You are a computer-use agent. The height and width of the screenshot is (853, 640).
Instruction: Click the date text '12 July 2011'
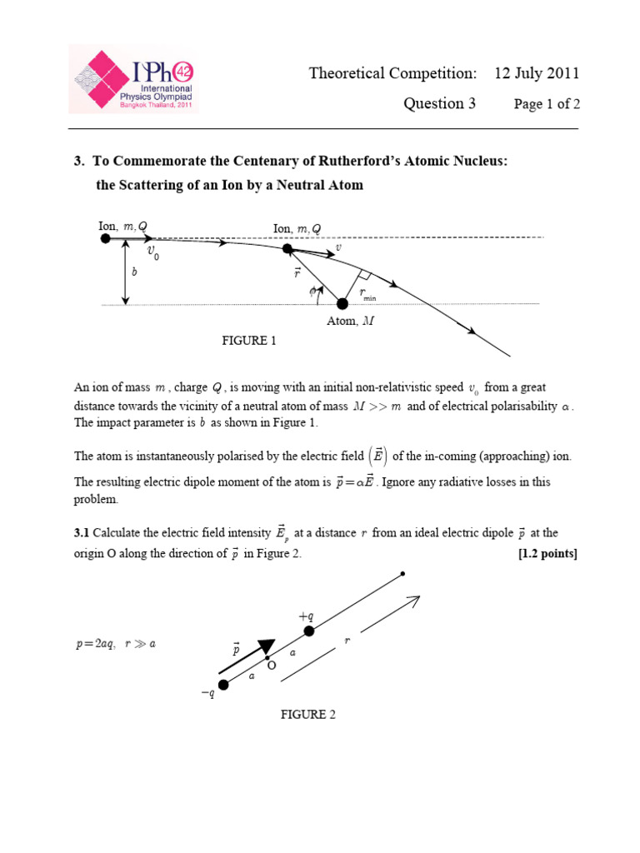(536, 73)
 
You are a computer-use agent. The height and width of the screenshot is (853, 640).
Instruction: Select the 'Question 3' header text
(439, 103)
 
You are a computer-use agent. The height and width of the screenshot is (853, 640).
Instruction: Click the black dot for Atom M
(342, 303)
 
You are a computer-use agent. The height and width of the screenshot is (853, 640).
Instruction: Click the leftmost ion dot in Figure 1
(106, 238)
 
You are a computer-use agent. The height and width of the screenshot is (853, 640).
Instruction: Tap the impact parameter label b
(133, 272)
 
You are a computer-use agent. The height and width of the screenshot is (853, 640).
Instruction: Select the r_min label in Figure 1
(367, 294)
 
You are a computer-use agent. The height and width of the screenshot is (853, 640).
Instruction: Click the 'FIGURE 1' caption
(247, 341)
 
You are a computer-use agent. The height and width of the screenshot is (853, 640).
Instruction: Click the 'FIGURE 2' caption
(307, 715)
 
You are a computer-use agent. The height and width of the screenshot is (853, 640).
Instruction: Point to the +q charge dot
(308, 631)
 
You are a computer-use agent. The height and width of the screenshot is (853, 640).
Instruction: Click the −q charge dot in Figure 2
(222, 685)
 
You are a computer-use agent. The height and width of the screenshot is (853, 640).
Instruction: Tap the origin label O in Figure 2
(271, 666)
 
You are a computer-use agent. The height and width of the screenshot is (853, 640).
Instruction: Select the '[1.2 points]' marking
(547, 554)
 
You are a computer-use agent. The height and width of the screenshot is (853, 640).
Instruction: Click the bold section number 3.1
(82, 533)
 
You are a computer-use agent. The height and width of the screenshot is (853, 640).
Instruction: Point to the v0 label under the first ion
(153, 252)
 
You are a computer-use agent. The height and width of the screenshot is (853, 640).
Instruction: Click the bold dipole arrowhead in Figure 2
(266, 647)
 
